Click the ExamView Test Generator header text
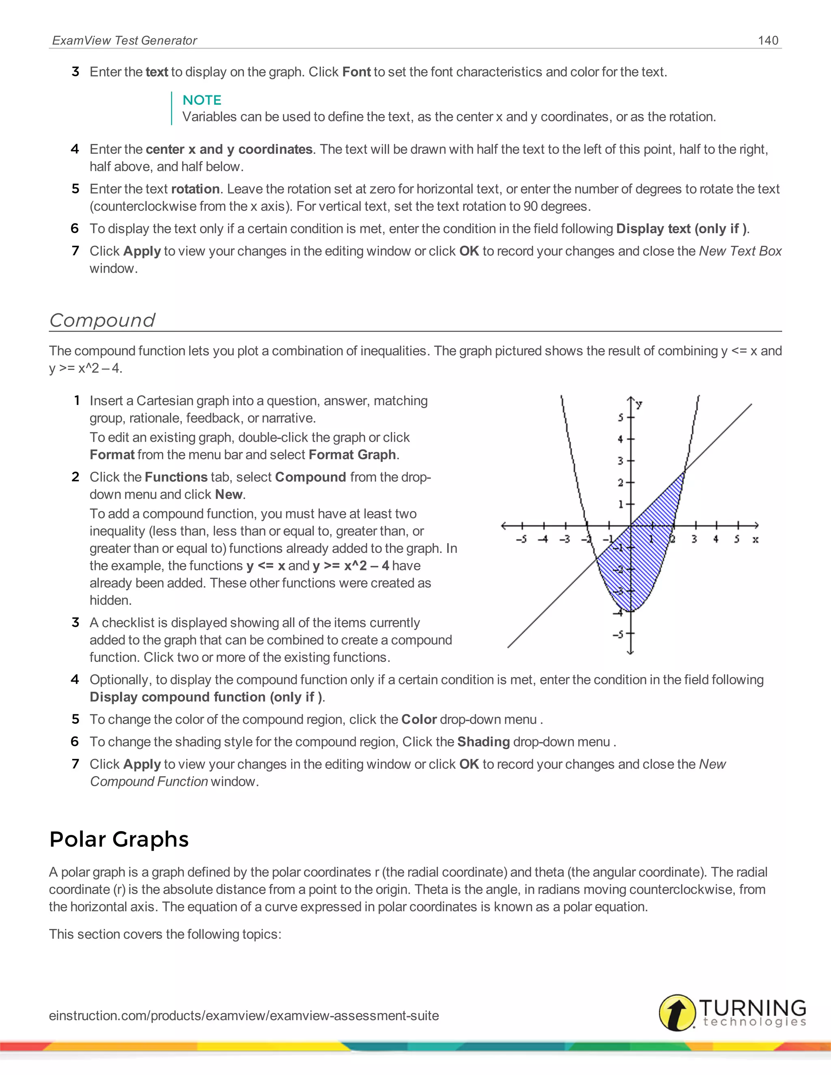point(125,40)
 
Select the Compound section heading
point(102,320)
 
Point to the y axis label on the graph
point(639,404)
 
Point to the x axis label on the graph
point(755,540)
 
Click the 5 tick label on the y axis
point(620,417)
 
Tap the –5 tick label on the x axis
point(521,540)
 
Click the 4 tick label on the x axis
point(716,540)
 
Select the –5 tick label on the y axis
point(618,634)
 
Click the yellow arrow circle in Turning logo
point(677,1013)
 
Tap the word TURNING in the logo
point(753,1007)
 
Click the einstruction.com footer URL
point(244,1015)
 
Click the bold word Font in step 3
point(356,72)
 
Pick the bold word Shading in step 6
point(483,742)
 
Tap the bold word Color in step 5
point(419,720)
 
